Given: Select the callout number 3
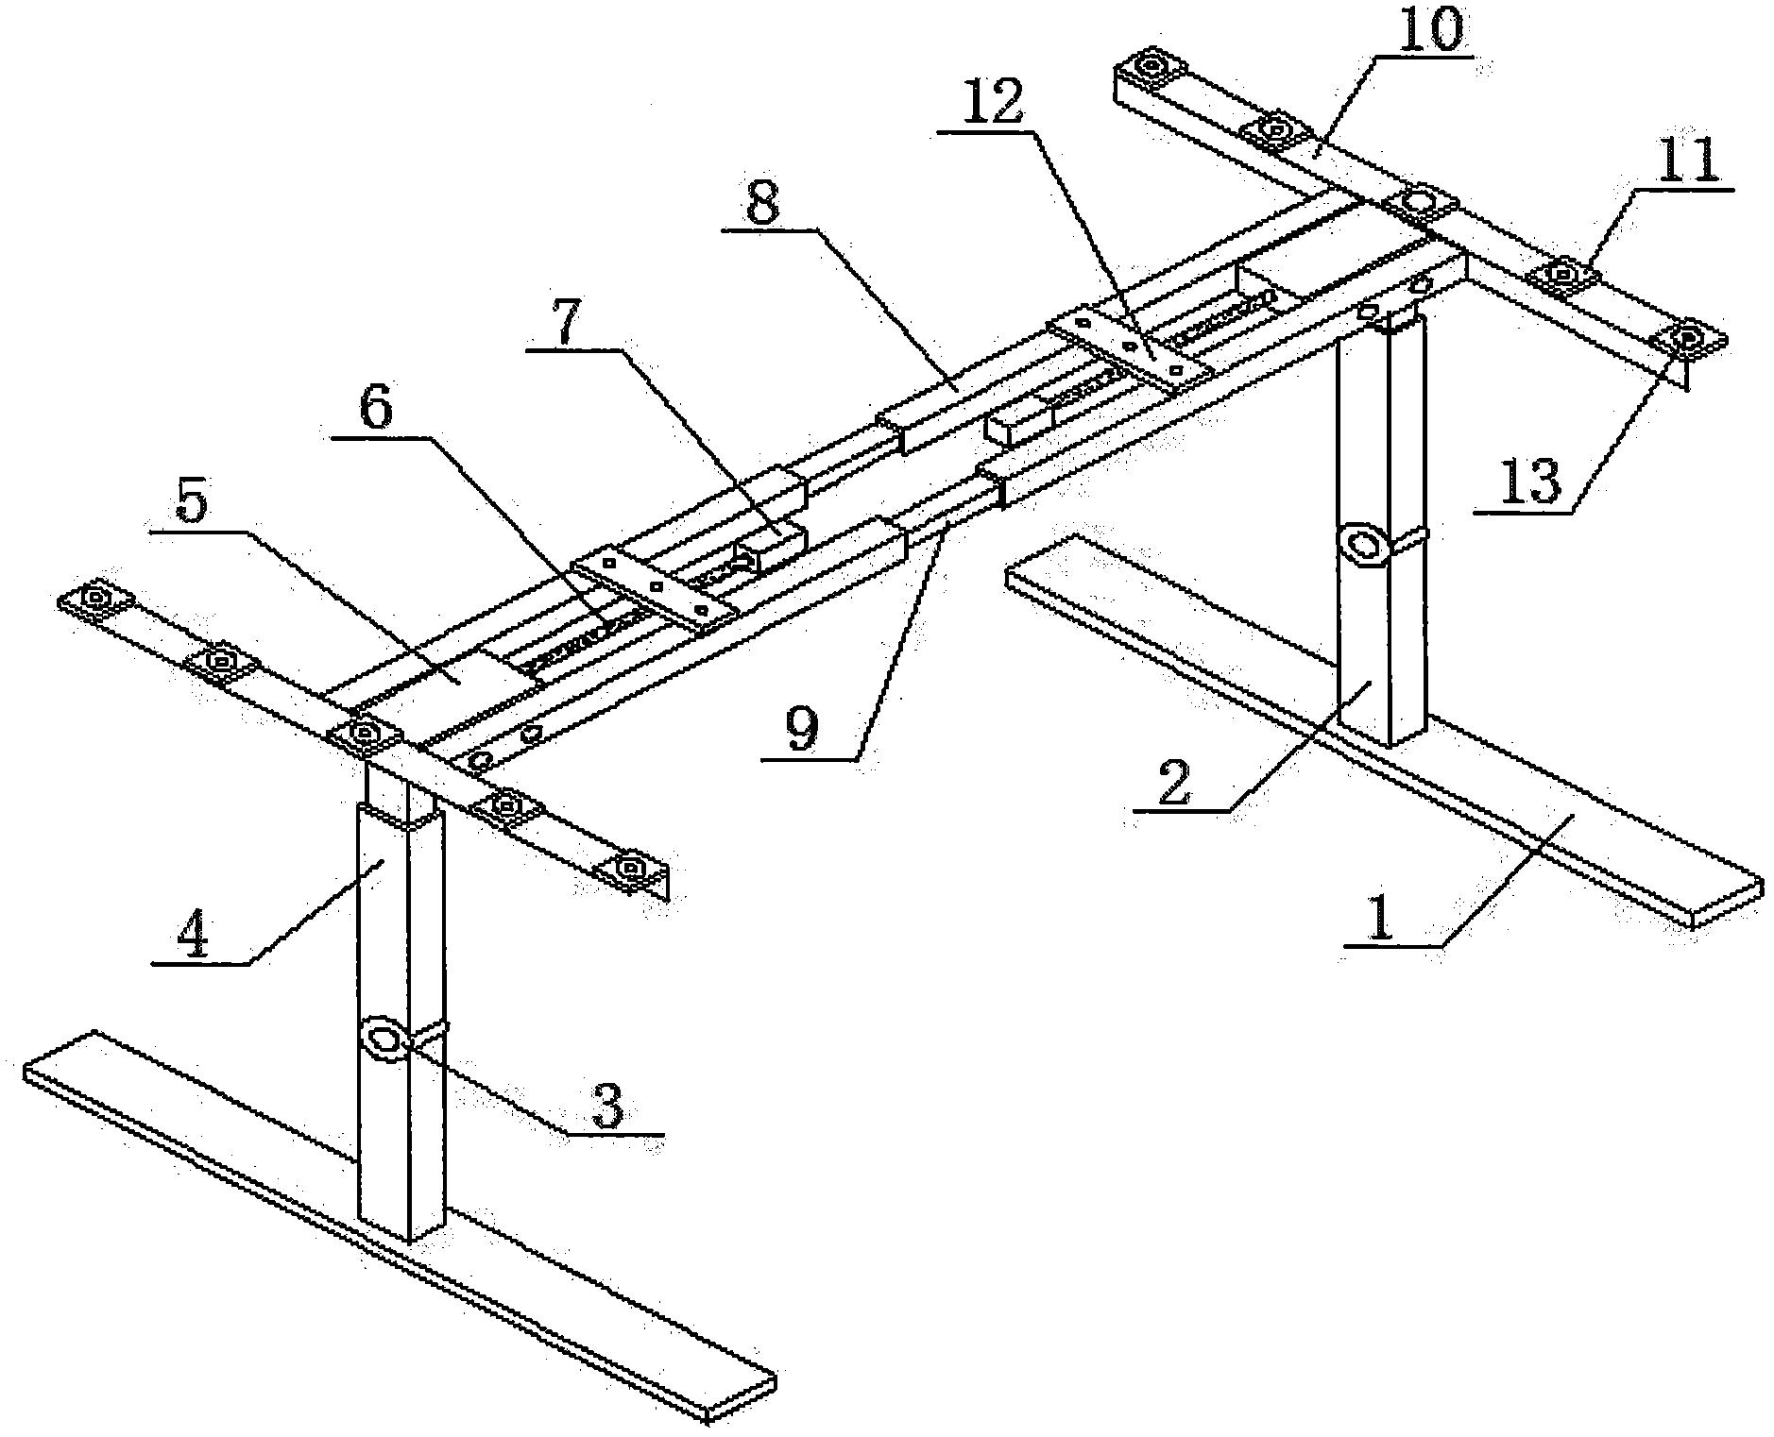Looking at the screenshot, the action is (x=607, y=1106).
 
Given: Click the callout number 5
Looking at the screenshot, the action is (x=192, y=505).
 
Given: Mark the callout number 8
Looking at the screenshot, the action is (x=762, y=200).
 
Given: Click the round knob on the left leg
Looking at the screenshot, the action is (x=384, y=1040).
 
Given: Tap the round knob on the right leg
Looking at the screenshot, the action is (x=1362, y=545).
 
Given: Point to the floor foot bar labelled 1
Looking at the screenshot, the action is (x=1384, y=732).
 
